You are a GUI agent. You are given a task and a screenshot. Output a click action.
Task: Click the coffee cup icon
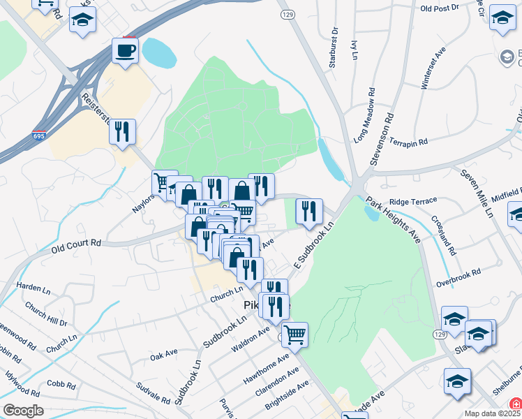[x=126, y=51]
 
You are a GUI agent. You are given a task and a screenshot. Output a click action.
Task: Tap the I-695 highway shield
[x=39, y=136]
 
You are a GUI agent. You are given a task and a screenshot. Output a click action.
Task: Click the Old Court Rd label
[x=76, y=244]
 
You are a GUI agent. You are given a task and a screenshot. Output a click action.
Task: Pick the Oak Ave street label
[x=164, y=355]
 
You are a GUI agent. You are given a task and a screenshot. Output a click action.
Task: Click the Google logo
[x=23, y=411]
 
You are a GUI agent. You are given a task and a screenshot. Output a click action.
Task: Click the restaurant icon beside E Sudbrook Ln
[x=308, y=210]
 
